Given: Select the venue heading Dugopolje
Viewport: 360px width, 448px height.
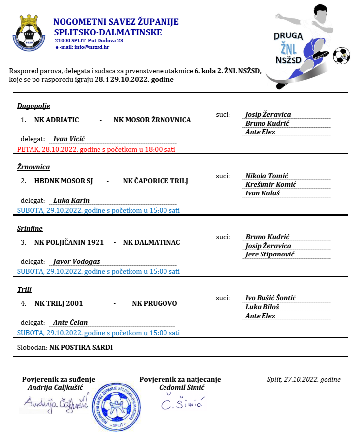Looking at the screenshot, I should [33, 106].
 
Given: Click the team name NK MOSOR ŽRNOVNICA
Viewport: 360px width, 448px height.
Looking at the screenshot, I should [152, 120].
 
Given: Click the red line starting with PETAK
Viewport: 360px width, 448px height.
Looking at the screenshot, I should [96, 149].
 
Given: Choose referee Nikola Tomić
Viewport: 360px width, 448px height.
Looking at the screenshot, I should [266, 176].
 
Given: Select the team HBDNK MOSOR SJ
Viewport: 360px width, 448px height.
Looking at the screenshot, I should [64, 181].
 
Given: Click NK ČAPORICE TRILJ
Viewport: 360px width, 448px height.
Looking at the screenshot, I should [155, 181].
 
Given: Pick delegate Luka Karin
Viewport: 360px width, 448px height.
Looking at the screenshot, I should [71, 200].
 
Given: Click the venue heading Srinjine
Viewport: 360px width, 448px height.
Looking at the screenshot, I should [30, 228].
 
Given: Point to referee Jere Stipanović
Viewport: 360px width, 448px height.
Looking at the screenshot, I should [269, 254].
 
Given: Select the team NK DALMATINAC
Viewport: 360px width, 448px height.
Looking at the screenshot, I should [151, 242].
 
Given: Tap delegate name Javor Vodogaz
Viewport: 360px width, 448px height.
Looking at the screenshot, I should [76, 261].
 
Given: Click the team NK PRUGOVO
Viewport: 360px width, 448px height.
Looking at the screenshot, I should [154, 303].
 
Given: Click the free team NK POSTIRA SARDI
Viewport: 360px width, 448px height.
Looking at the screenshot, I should [81, 347].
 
